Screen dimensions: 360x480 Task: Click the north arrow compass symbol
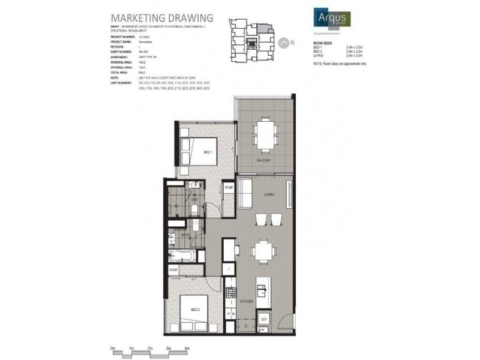(x=283, y=43)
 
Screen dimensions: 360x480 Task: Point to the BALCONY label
(x=265, y=161)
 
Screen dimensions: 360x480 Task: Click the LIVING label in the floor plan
(x=268, y=194)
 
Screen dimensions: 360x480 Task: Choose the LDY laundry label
(x=264, y=319)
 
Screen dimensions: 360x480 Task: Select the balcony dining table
(x=264, y=134)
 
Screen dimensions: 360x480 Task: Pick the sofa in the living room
(x=244, y=194)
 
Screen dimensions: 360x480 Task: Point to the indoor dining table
(x=264, y=250)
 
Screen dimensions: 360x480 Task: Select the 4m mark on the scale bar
(x=187, y=348)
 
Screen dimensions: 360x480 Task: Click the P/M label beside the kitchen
(x=231, y=314)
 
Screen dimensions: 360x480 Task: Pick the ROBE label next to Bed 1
(x=228, y=188)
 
